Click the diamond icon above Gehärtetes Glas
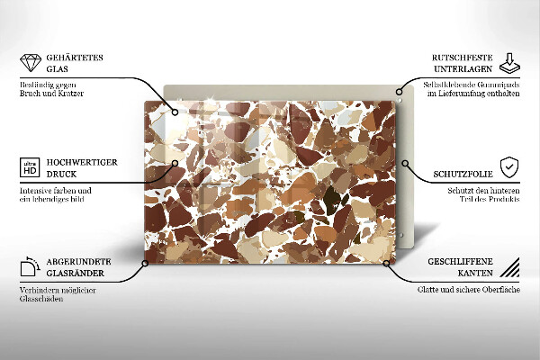click(x=30, y=64)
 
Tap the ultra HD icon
click(x=30, y=167)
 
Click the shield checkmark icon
click(x=509, y=167)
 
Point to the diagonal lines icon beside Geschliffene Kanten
click(x=509, y=266)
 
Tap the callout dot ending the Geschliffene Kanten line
click(x=388, y=263)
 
